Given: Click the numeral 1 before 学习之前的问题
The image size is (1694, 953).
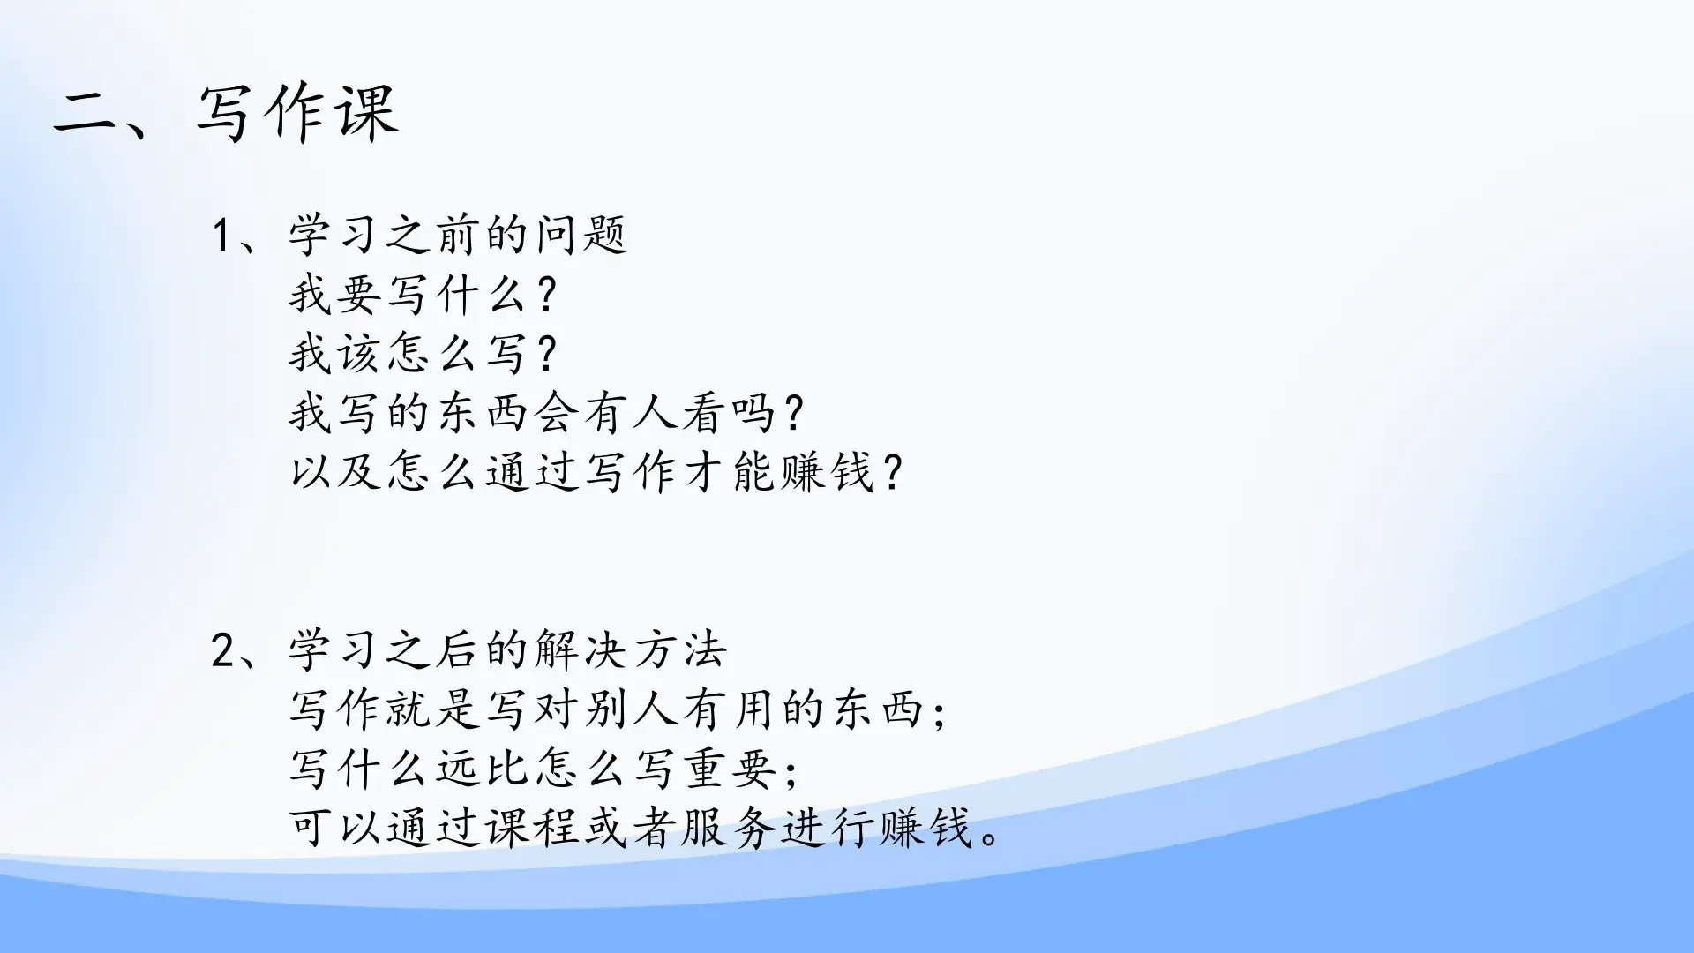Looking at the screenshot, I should pos(222,236).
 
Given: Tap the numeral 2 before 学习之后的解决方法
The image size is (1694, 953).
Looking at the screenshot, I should pos(222,651).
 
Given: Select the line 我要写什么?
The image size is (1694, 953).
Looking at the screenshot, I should pos(423,295).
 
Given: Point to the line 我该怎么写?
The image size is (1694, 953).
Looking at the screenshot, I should pos(423,354).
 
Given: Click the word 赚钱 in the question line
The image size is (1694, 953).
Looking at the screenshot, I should pos(827,472).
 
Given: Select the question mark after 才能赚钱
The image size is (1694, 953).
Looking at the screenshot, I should pos(893,472).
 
